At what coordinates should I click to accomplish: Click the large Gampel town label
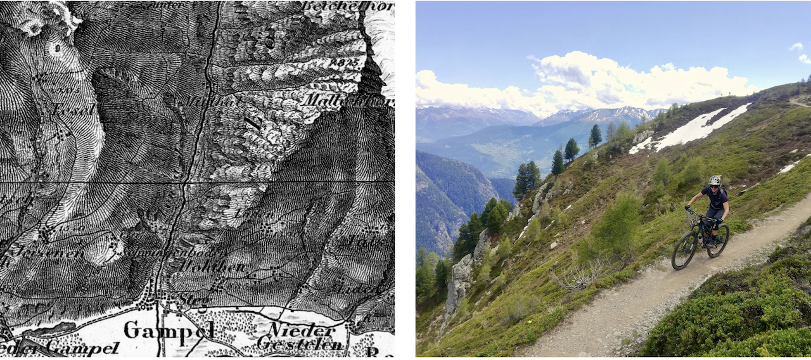pos(169,330)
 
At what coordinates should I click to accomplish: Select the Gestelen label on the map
pos(301,344)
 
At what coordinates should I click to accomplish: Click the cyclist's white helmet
pos(715,181)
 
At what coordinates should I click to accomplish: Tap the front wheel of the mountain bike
pos(684,250)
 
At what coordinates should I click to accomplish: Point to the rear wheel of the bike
pos(718,240)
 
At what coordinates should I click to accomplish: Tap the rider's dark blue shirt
pos(717,198)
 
